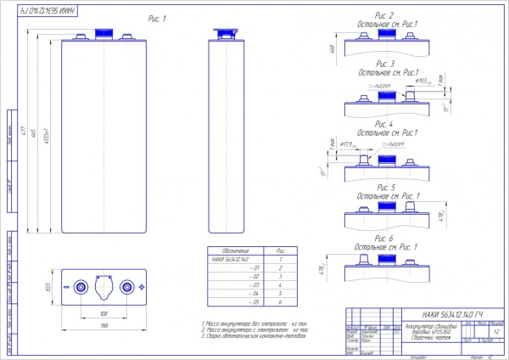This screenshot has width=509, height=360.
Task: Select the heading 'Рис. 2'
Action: (x=385, y=16)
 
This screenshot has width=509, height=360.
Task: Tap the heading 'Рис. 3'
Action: (x=385, y=64)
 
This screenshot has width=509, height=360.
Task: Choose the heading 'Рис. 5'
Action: (x=385, y=186)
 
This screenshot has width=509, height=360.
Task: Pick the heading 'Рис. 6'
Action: (x=385, y=239)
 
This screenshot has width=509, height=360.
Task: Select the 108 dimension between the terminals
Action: (x=104, y=313)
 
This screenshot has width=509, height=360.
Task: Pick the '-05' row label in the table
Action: (x=251, y=301)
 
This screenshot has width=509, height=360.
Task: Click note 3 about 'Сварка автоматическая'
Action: (x=255, y=336)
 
